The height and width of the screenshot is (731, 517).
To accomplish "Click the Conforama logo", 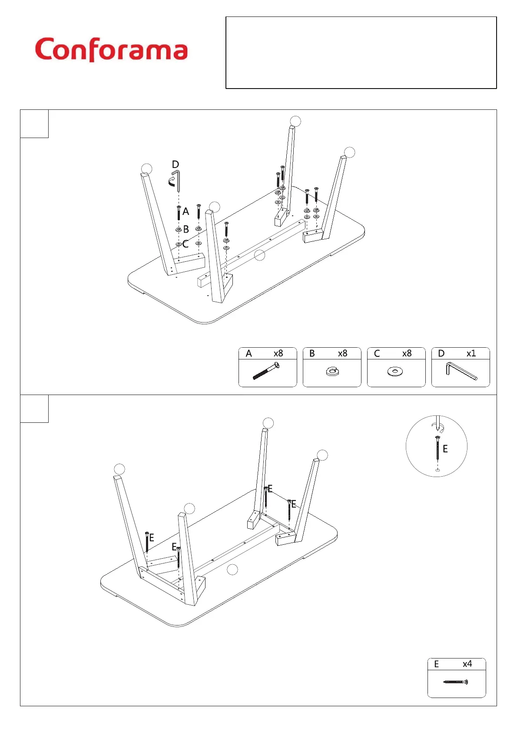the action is [x=111, y=49].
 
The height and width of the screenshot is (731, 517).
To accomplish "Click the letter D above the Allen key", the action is [x=176, y=165].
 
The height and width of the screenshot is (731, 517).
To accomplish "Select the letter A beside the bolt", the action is [x=186, y=211].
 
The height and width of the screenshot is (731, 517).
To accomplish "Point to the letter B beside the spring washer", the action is [x=186, y=229].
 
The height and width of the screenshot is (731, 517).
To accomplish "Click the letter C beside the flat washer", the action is [x=186, y=244].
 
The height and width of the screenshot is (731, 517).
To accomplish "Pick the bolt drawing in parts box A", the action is [x=266, y=372].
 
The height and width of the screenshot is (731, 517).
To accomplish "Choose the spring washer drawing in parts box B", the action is [x=332, y=372].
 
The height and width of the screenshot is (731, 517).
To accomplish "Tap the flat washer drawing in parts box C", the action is [x=395, y=372].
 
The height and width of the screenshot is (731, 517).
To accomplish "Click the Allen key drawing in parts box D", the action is [x=461, y=371].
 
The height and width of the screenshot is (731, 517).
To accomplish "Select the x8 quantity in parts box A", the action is [x=278, y=353].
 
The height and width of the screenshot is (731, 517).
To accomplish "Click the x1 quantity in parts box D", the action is [x=471, y=353].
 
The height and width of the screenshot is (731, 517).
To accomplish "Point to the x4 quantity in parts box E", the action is [x=467, y=664].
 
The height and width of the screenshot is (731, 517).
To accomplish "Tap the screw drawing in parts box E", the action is [x=456, y=682].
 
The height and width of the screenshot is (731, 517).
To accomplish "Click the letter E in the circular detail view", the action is [x=445, y=449].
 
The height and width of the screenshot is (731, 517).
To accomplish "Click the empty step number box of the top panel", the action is [x=34, y=124].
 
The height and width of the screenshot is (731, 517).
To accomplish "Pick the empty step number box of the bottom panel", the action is [x=34, y=408].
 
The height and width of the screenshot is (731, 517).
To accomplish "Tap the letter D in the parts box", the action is [x=441, y=353].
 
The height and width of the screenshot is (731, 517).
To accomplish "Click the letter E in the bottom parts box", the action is [x=437, y=664].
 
